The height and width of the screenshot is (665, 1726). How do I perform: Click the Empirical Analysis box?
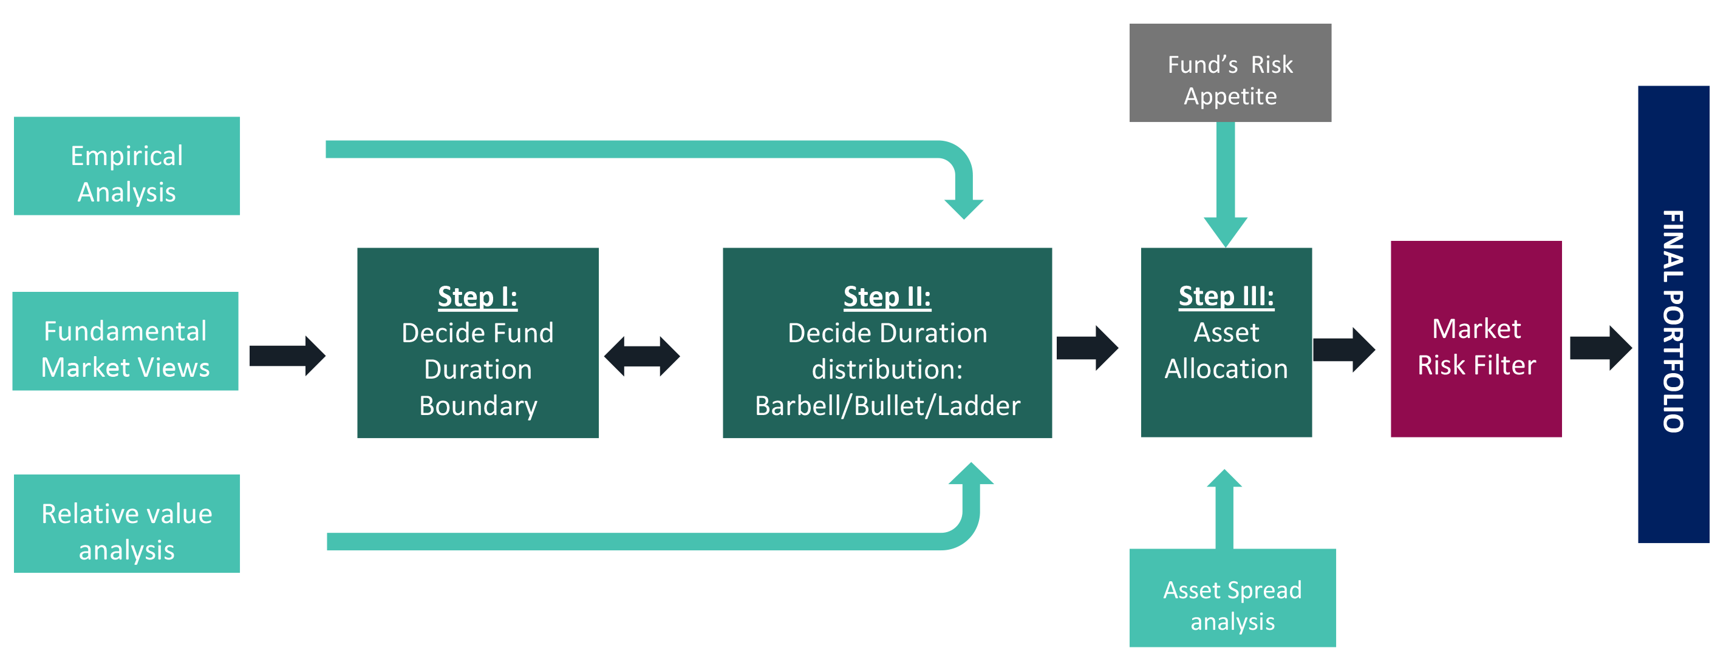pos(127,166)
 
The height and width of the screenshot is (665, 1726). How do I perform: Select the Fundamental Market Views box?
pos(125,341)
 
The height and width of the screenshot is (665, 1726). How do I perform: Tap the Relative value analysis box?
pos(127,524)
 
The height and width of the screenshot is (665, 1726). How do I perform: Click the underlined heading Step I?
pos(478,297)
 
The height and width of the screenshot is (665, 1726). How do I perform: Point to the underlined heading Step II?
pos(887,297)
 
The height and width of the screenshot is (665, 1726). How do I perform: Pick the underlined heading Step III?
pos(1226,296)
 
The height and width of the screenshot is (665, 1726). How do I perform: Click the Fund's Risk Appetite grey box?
pos(1230,73)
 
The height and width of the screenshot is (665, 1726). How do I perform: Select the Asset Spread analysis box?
pos(1233,598)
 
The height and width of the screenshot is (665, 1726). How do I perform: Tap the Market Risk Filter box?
pos(1476,339)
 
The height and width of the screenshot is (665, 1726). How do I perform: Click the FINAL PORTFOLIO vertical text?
pos(1673,322)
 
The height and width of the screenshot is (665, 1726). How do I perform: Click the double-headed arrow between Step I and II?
pos(642,356)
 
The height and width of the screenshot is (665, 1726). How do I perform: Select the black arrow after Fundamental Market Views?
pos(287,356)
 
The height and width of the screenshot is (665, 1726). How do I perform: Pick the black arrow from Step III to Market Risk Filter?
pos(1344,349)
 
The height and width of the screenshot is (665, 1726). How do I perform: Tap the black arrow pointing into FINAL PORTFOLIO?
pos(1601,348)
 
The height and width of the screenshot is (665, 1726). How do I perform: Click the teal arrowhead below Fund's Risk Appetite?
pos(1226,232)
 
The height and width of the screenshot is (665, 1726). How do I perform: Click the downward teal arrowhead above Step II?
pos(963,209)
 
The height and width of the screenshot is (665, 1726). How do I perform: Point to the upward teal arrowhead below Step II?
pos(972,473)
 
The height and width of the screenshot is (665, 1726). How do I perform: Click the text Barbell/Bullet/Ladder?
pos(887,406)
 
